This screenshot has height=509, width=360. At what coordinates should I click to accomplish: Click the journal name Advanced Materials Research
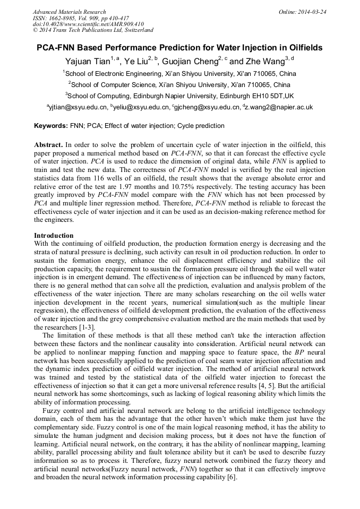pyautogui.click(x=69, y=12)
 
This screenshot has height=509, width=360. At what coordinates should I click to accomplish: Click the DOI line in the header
pyautogui.click(x=88, y=24)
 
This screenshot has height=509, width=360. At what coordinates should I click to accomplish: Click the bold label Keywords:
pyautogui.click(x=51, y=126)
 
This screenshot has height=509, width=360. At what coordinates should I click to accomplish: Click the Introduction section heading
pyautogui.click(x=54, y=236)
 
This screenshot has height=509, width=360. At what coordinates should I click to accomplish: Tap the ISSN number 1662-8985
pyautogui.click(x=63, y=18)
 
